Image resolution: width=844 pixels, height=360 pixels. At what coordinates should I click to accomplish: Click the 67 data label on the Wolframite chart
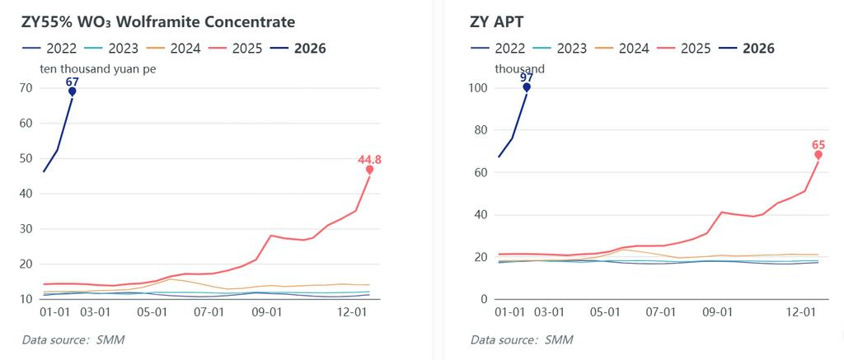[x=73, y=82]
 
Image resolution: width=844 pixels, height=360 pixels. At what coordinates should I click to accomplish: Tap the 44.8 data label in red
[x=369, y=160]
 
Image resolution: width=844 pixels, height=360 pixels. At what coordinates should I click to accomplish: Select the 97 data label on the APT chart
[x=526, y=77]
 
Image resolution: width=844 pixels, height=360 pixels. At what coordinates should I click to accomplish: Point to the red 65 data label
[x=818, y=145]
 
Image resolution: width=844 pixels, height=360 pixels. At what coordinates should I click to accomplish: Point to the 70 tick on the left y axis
[x=26, y=88]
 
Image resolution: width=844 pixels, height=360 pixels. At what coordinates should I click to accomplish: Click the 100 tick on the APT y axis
[x=478, y=88]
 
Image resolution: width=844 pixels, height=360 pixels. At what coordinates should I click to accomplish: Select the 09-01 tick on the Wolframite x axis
[x=266, y=313]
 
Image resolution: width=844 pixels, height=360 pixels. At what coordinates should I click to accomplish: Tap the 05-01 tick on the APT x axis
[x=606, y=313]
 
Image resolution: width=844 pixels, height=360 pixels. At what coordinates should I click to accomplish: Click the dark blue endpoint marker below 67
[x=73, y=91]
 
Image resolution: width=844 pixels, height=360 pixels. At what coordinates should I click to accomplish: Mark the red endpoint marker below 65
[x=818, y=155]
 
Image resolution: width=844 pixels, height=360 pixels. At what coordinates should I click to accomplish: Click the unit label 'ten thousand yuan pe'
[x=98, y=69]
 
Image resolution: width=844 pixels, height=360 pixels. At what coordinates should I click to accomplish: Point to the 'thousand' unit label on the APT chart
[x=519, y=69]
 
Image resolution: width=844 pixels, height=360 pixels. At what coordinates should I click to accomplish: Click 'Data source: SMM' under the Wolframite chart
[x=73, y=339]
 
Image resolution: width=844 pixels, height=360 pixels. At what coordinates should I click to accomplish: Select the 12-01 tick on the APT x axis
[x=801, y=313]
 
